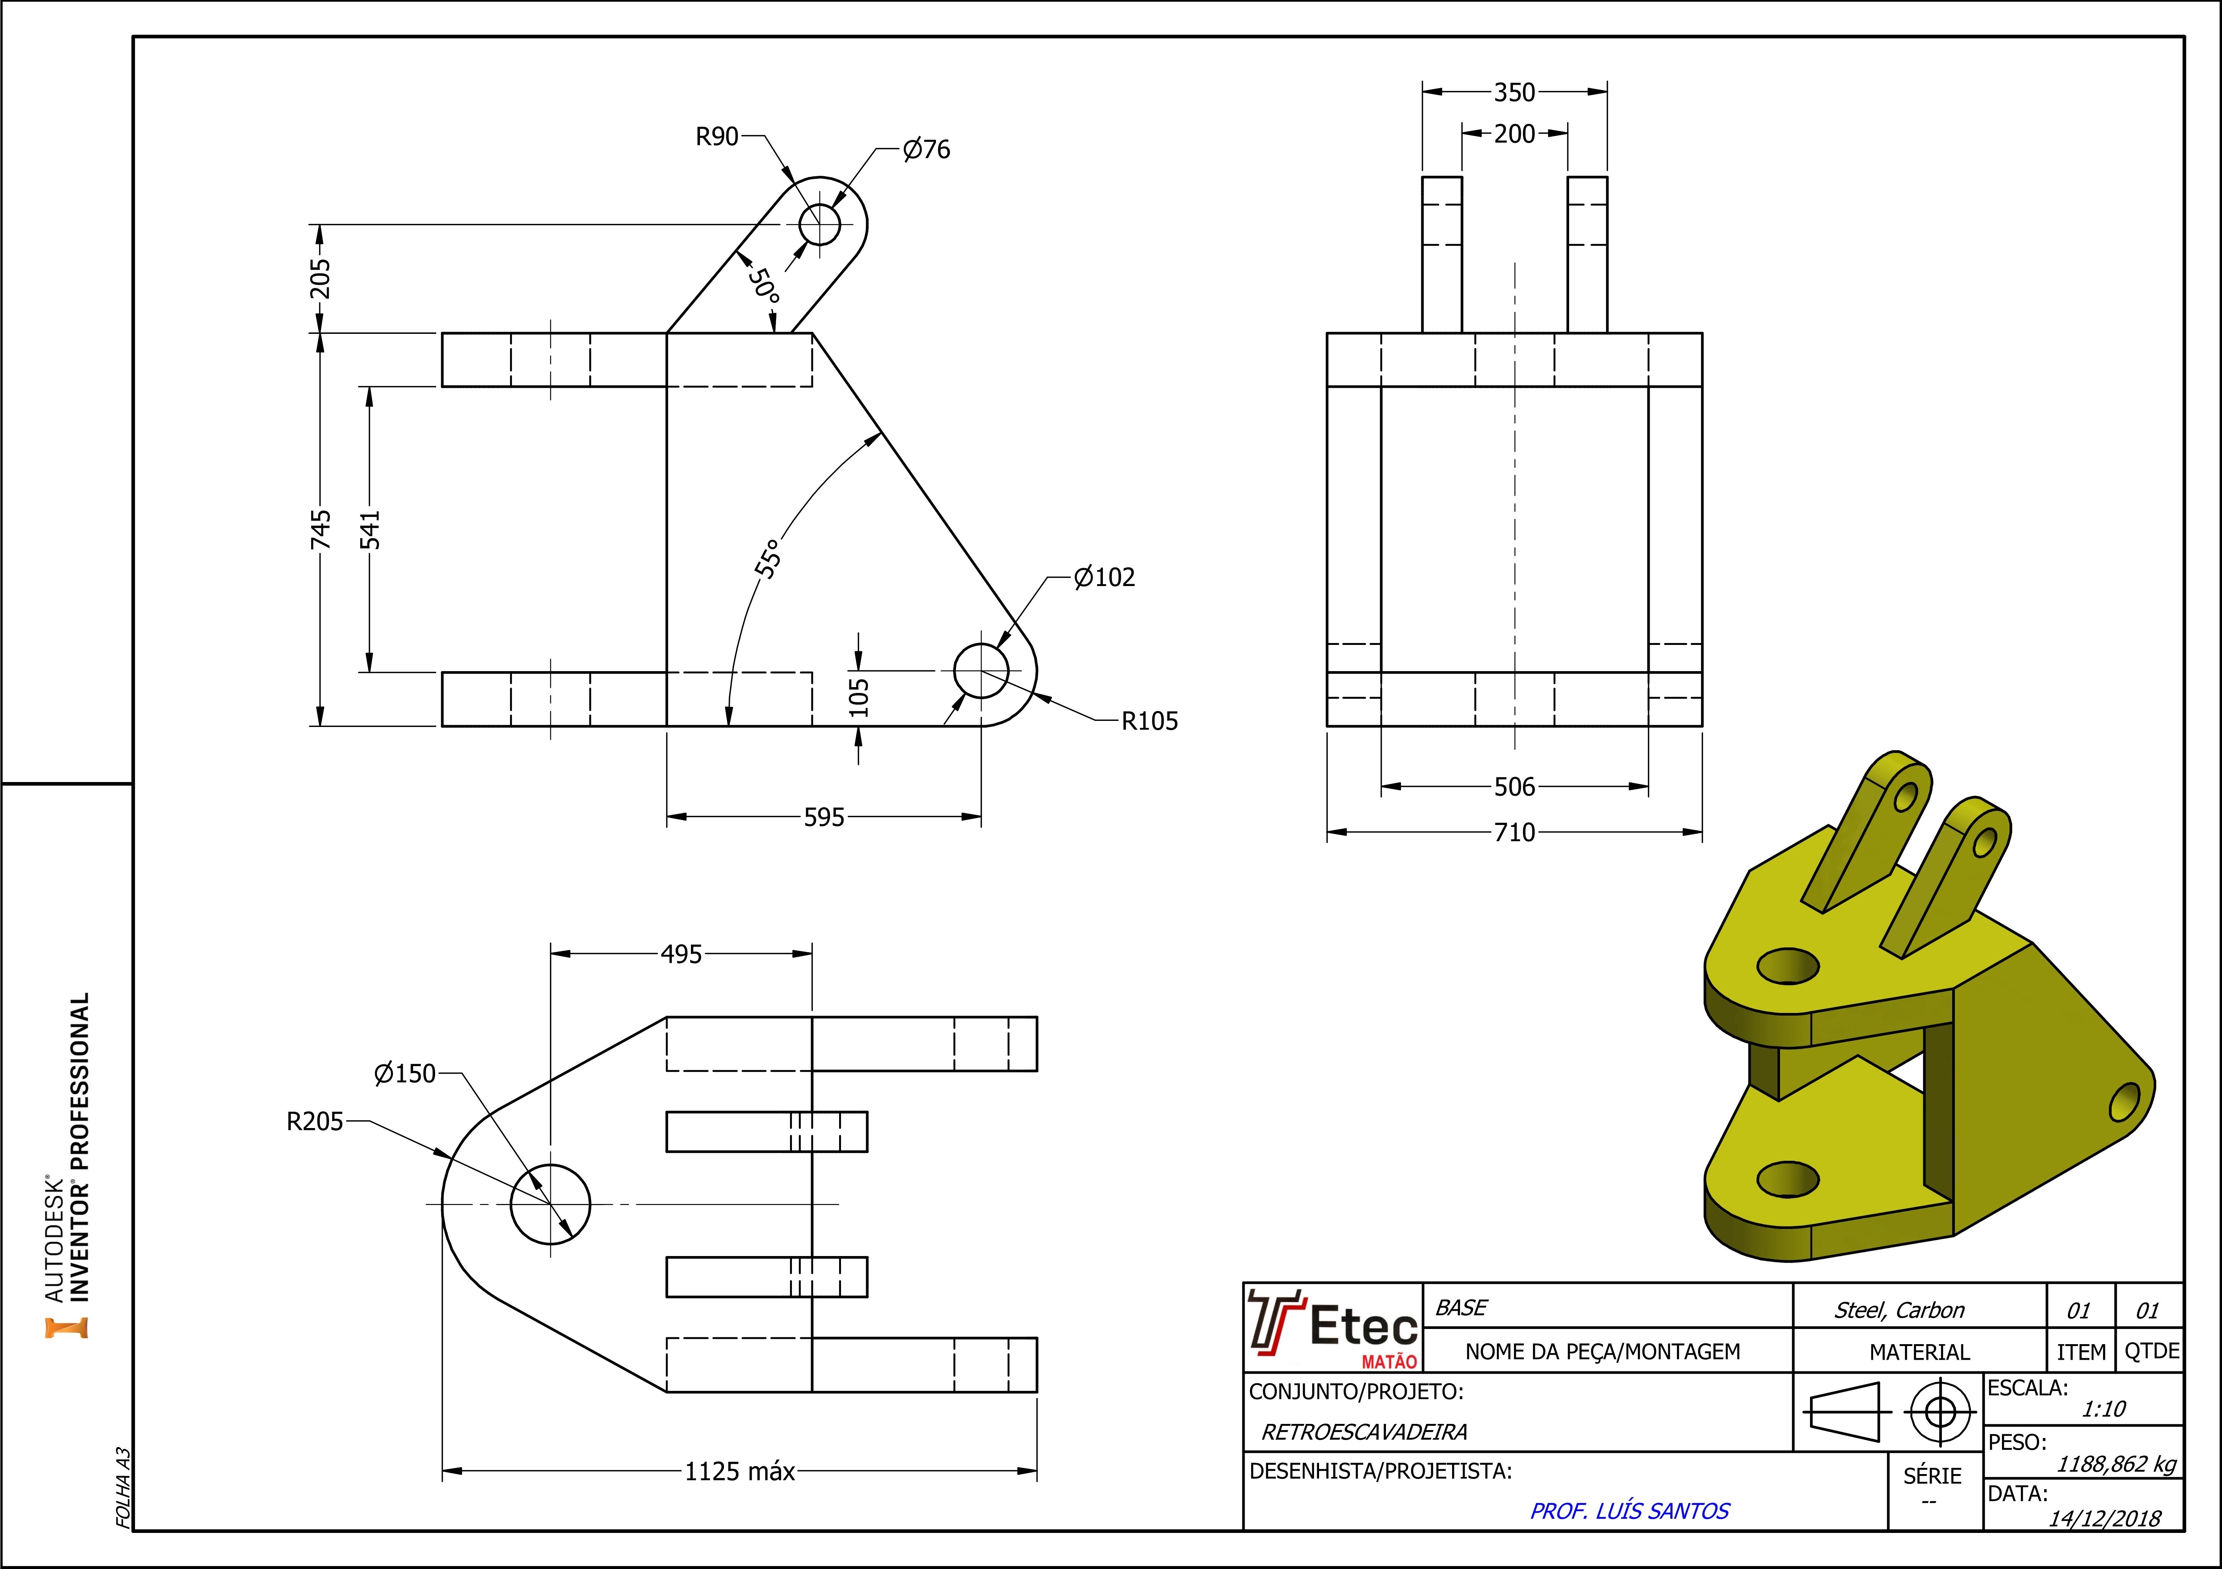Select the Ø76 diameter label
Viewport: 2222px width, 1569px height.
(x=926, y=150)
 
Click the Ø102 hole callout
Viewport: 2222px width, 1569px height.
(x=1104, y=577)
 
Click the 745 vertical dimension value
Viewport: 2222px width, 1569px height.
(x=320, y=530)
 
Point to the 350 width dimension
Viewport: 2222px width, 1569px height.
(x=1514, y=93)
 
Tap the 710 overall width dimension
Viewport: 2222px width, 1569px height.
(x=1514, y=833)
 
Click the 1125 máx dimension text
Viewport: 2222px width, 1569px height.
(x=740, y=1472)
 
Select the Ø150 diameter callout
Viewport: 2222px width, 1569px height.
(x=404, y=1074)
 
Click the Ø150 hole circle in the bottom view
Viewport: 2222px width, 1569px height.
(x=550, y=1204)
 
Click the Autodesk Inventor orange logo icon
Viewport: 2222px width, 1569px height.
(x=66, y=1327)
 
